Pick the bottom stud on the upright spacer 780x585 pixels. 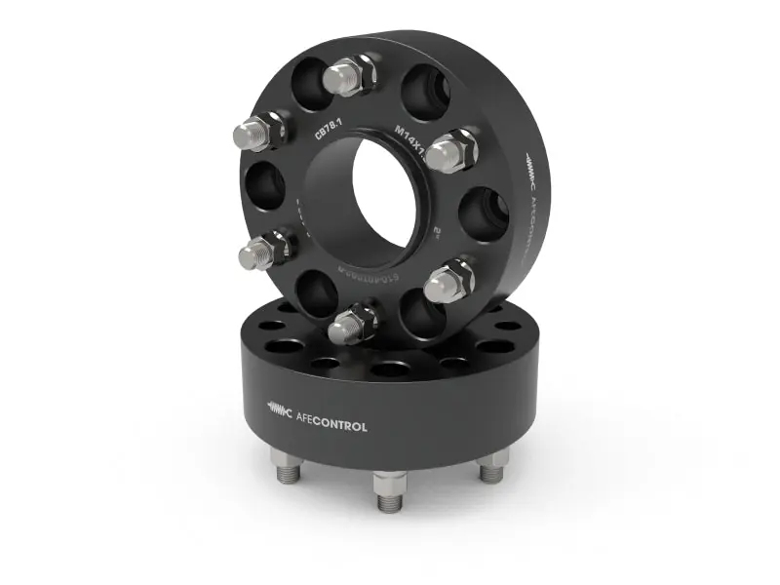348,325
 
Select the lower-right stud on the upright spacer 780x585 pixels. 448,281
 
